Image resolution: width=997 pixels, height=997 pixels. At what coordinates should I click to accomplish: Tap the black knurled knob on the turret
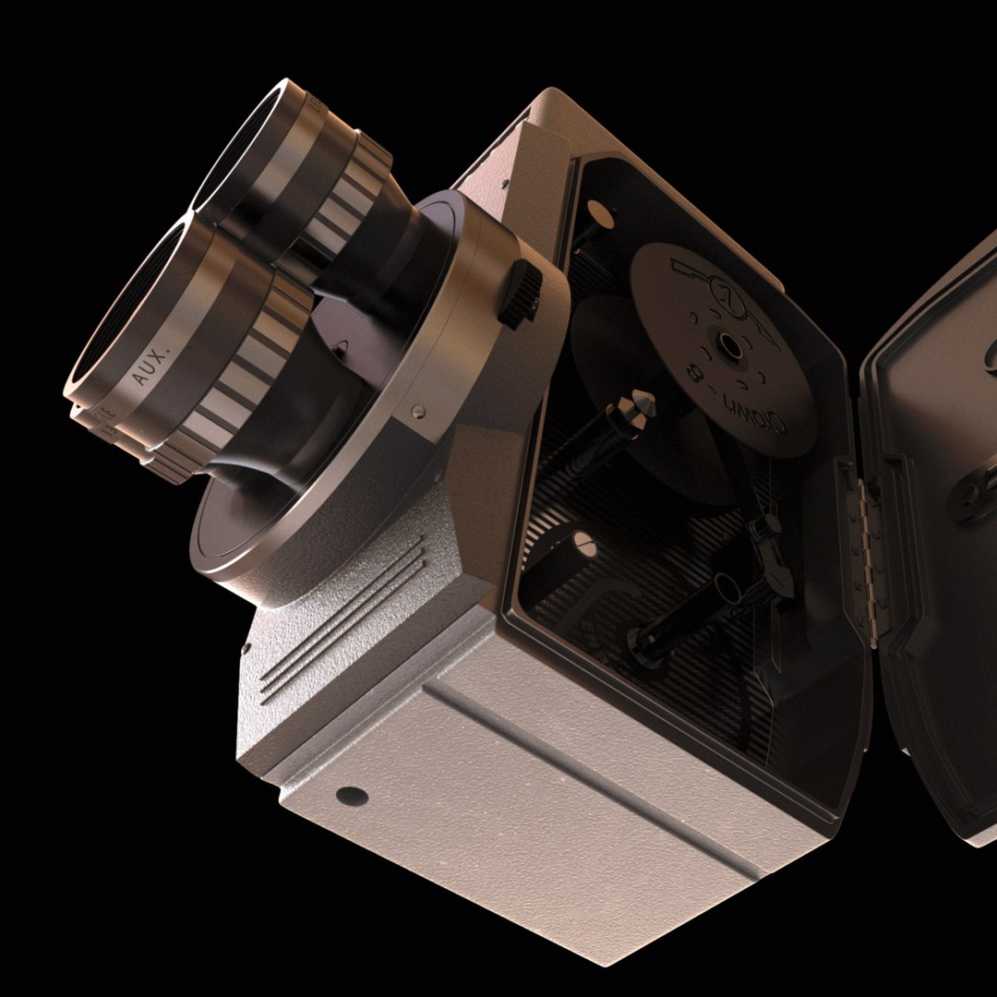point(520,293)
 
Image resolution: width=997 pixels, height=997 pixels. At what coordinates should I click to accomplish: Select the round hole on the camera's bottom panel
point(351,795)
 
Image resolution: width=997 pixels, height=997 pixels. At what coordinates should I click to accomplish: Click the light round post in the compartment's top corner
point(598,216)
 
